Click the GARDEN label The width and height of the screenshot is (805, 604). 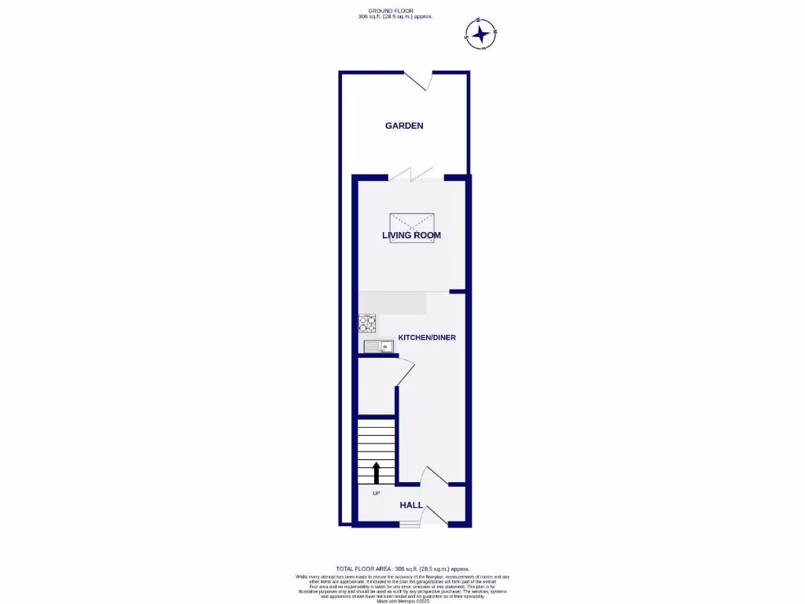(404, 126)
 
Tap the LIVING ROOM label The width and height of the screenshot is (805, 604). (411, 235)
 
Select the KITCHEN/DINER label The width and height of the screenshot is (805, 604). (427, 337)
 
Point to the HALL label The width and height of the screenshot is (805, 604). (411, 505)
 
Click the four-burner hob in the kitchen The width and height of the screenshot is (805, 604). (367, 322)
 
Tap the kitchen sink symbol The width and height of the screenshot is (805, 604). (378, 346)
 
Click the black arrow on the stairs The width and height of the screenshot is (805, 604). (376, 473)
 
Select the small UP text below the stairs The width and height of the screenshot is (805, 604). (376, 493)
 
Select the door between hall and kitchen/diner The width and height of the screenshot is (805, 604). (432, 477)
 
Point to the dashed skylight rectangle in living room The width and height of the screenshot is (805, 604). (412, 227)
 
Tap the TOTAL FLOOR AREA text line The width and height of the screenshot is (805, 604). (402, 569)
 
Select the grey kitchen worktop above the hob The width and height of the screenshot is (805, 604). (393, 303)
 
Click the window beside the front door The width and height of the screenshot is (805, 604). (409, 525)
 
